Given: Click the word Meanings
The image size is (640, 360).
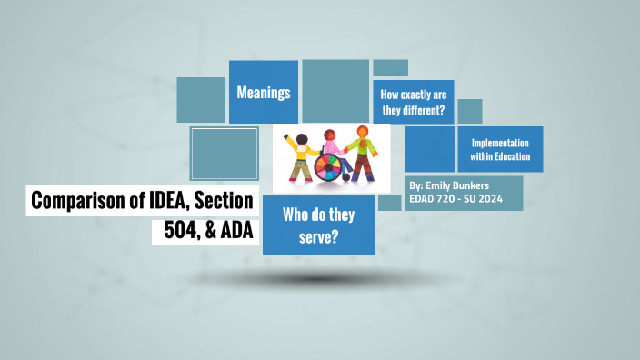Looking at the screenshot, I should click(263, 93).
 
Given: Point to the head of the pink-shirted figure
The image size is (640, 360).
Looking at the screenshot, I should click(330, 136).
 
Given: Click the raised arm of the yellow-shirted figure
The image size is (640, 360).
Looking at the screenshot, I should click(290, 142).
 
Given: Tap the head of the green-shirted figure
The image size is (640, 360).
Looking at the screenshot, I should click(363, 132).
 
